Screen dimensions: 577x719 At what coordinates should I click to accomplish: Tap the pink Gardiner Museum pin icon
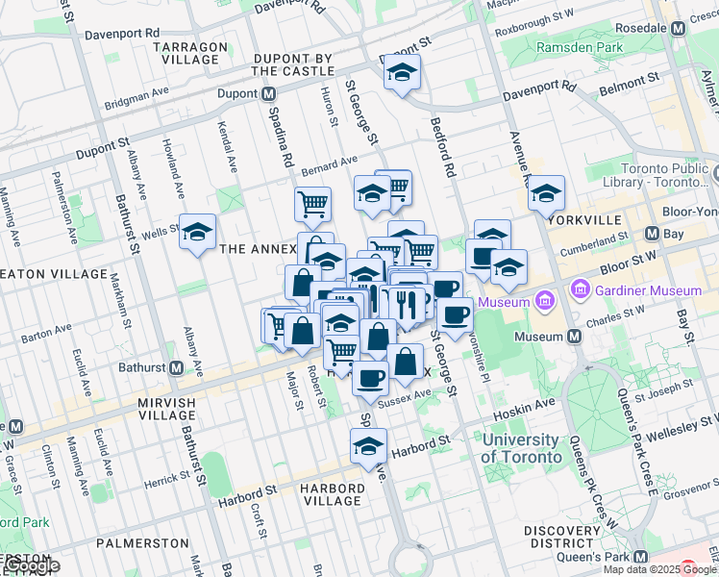pos(580,289)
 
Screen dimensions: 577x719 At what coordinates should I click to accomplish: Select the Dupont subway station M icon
pos(269,93)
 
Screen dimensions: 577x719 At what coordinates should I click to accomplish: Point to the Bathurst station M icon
pos(177,368)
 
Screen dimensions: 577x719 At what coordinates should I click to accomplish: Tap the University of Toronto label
pos(521,449)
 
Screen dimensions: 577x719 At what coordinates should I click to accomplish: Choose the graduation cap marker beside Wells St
pos(198,233)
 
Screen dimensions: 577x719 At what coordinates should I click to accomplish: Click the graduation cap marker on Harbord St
pos(368,446)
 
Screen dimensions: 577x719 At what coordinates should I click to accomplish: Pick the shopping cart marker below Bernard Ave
pos(312,204)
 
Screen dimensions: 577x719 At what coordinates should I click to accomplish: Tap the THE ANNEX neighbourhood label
pos(258,249)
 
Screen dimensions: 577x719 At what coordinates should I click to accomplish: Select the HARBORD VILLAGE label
pos(331,494)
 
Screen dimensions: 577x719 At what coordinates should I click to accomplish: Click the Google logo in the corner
pos(31,566)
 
